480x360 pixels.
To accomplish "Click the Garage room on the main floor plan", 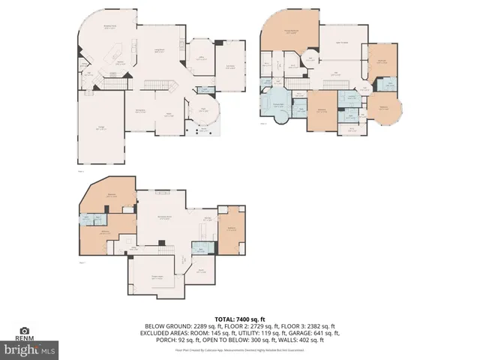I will [100, 129].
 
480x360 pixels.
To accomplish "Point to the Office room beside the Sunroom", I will [200, 59].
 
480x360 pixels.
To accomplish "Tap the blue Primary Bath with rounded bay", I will [277, 106].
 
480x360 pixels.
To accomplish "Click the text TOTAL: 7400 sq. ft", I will [240, 319].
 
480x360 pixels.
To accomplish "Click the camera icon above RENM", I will [25, 331].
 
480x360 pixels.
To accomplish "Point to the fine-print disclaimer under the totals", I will [240, 349].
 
